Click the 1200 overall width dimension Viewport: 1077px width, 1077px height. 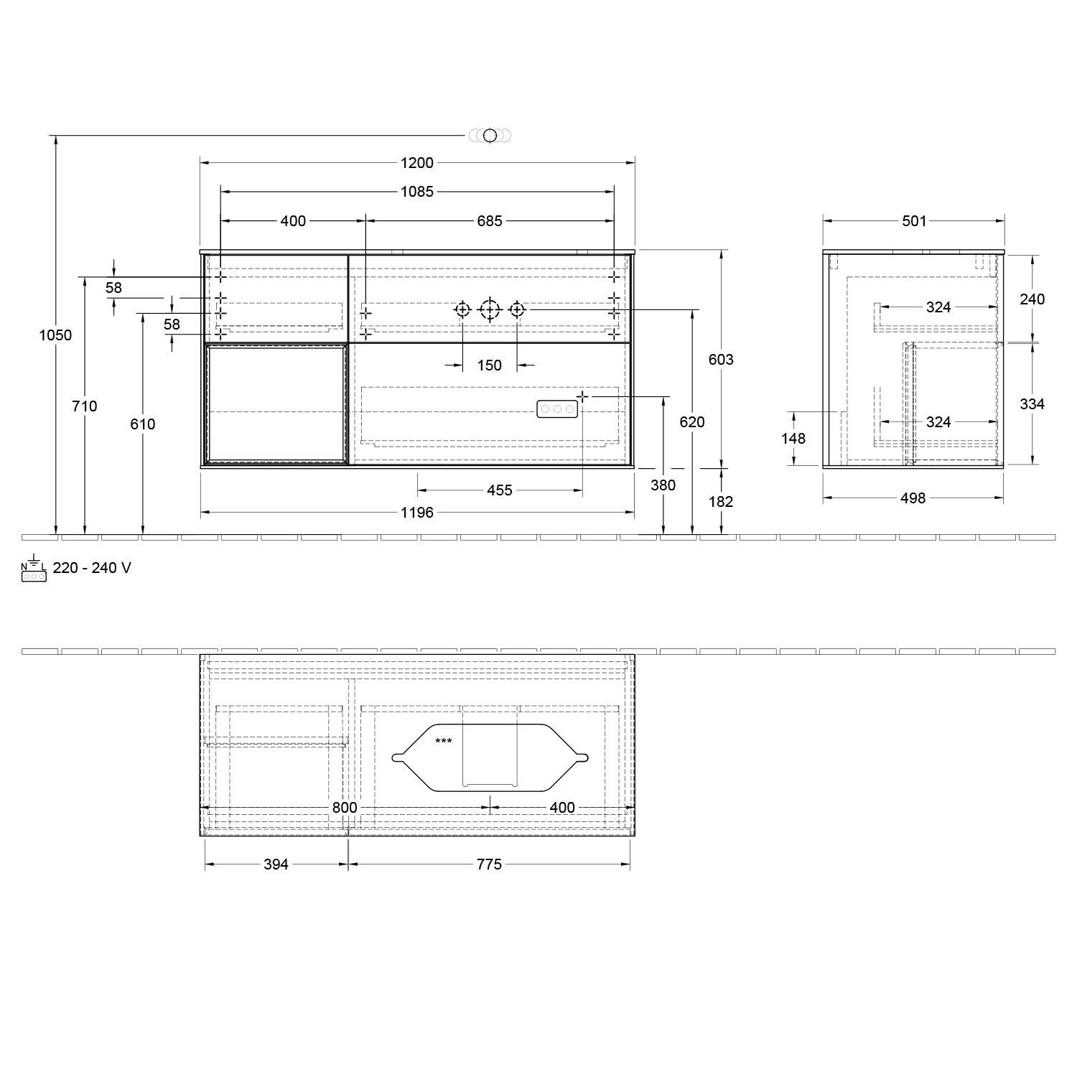click(x=417, y=163)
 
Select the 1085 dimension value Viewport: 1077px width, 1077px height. click(x=417, y=192)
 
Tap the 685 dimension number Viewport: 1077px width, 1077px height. click(x=490, y=221)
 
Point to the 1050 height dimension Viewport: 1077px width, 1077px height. click(x=55, y=335)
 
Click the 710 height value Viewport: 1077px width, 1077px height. click(x=85, y=406)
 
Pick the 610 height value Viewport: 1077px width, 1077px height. click(x=143, y=424)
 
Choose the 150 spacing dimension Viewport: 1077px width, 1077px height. click(x=490, y=365)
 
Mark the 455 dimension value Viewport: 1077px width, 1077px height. click(x=500, y=490)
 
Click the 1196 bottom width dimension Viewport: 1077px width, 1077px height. click(x=417, y=513)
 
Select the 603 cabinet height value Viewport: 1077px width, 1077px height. click(x=721, y=360)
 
